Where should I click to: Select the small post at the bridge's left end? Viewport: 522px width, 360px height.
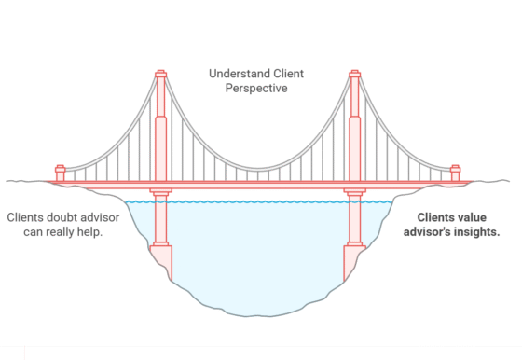pyautogui.click(x=61, y=173)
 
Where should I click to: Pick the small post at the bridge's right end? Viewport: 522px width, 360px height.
pyautogui.click(x=455, y=173)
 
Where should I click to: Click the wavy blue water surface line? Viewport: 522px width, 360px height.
pyautogui.click(x=257, y=201)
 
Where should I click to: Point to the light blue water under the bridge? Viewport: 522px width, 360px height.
pyautogui.click(x=257, y=252)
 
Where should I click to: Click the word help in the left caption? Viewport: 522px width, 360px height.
pyautogui.click(x=86, y=231)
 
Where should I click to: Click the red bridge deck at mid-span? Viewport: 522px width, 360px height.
pyautogui.click(x=257, y=184)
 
